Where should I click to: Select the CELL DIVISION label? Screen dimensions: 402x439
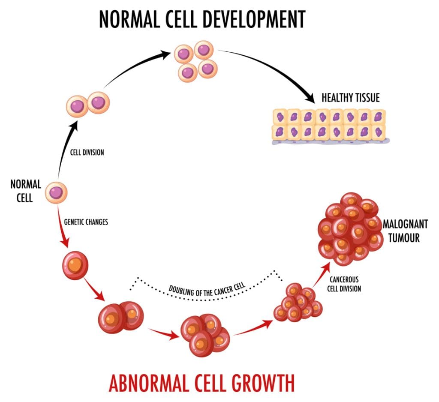[x=87, y=152]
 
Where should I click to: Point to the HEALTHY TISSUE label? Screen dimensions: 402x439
[x=351, y=98]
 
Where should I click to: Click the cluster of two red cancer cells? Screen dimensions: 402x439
[x=120, y=318]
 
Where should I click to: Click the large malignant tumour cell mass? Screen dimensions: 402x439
[x=349, y=228]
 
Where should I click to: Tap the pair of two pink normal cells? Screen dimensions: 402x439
[x=88, y=103]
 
